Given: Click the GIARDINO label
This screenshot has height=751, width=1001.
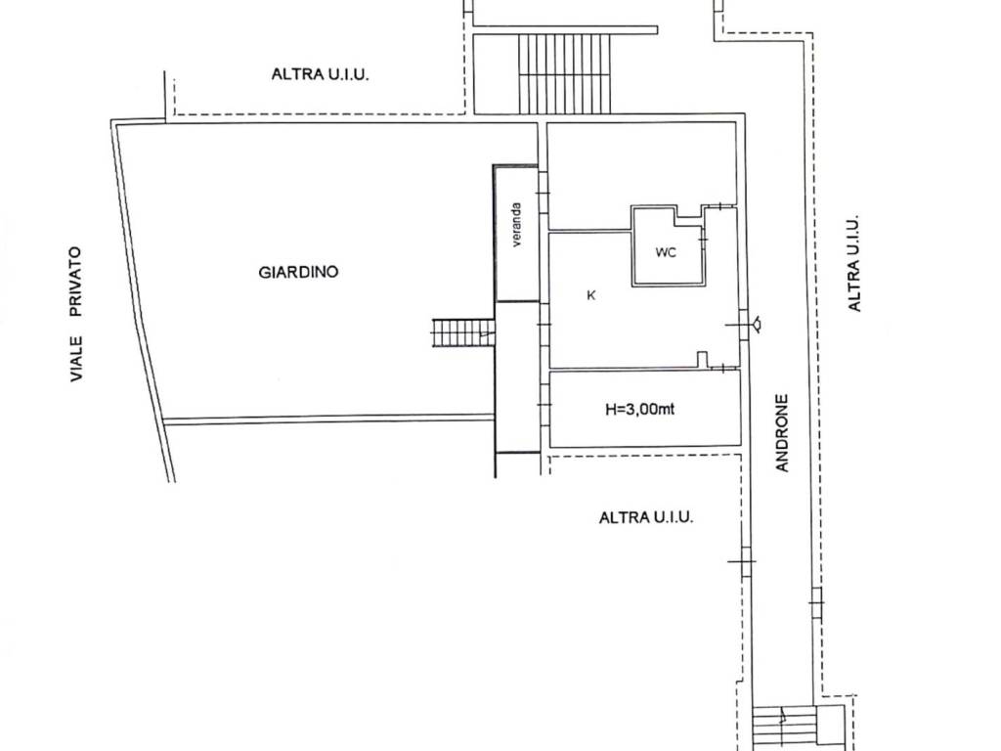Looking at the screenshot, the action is click(x=298, y=272).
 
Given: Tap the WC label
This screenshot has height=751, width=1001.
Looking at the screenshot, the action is click(x=666, y=252).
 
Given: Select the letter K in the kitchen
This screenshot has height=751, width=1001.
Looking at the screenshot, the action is click(x=591, y=295).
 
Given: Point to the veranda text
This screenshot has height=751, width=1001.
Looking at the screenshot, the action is click(x=516, y=225).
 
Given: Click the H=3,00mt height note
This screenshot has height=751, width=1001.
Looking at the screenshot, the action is click(x=639, y=409).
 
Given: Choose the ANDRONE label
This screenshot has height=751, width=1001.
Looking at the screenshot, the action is click(x=783, y=432).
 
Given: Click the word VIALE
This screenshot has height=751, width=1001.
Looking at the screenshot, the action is click(x=76, y=359).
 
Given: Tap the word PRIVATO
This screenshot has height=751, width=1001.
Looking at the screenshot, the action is click(x=76, y=282).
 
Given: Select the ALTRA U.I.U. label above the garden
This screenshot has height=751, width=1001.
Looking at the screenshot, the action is click(x=321, y=74).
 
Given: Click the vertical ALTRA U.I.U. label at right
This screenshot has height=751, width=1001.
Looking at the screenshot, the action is click(x=854, y=262).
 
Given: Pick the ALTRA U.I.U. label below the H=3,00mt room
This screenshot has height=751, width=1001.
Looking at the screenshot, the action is click(x=646, y=516).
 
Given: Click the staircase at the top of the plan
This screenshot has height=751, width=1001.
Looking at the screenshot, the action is click(x=564, y=73).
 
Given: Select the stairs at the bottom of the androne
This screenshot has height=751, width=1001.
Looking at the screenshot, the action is click(x=784, y=728).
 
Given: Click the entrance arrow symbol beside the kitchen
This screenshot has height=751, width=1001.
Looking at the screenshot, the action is click(x=758, y=324).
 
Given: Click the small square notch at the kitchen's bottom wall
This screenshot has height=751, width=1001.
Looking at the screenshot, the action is click(x=702, y=359).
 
